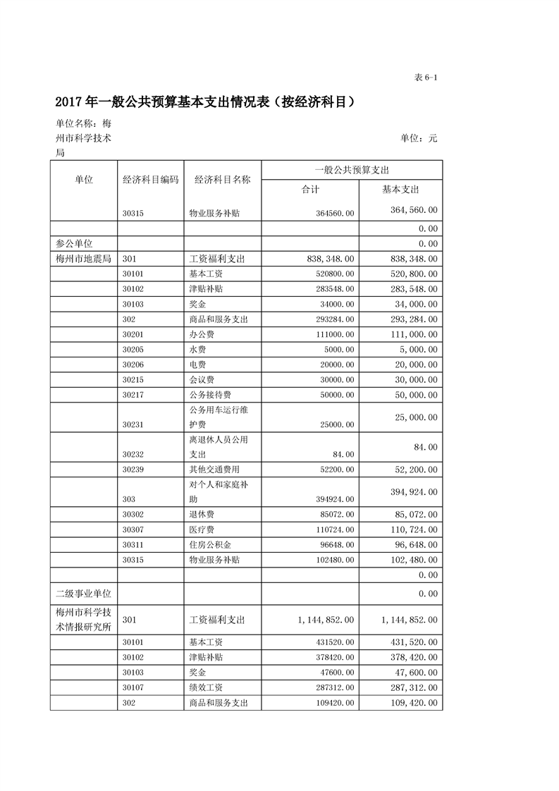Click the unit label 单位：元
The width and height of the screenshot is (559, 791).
pos(419,138)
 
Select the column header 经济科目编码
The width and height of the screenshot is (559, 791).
pos(151,180)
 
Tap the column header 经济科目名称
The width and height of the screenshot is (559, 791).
pos(222,180)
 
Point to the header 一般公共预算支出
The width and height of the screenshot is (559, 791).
pos(352,170)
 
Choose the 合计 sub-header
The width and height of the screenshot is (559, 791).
pos(310,190)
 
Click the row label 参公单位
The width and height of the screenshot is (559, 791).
pos(75,243)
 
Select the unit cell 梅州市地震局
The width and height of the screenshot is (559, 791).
pos(83,259)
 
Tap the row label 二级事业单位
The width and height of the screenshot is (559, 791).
pos(80,594)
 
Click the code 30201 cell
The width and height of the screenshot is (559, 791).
pos(133,335)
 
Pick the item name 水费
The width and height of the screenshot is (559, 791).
pos(198,350)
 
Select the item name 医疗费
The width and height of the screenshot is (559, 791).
pos(203,529)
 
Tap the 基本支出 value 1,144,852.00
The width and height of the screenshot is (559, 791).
pos(409,619)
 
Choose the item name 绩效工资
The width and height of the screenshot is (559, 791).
pos(207,687)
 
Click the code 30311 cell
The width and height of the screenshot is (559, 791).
pos(133,545)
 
